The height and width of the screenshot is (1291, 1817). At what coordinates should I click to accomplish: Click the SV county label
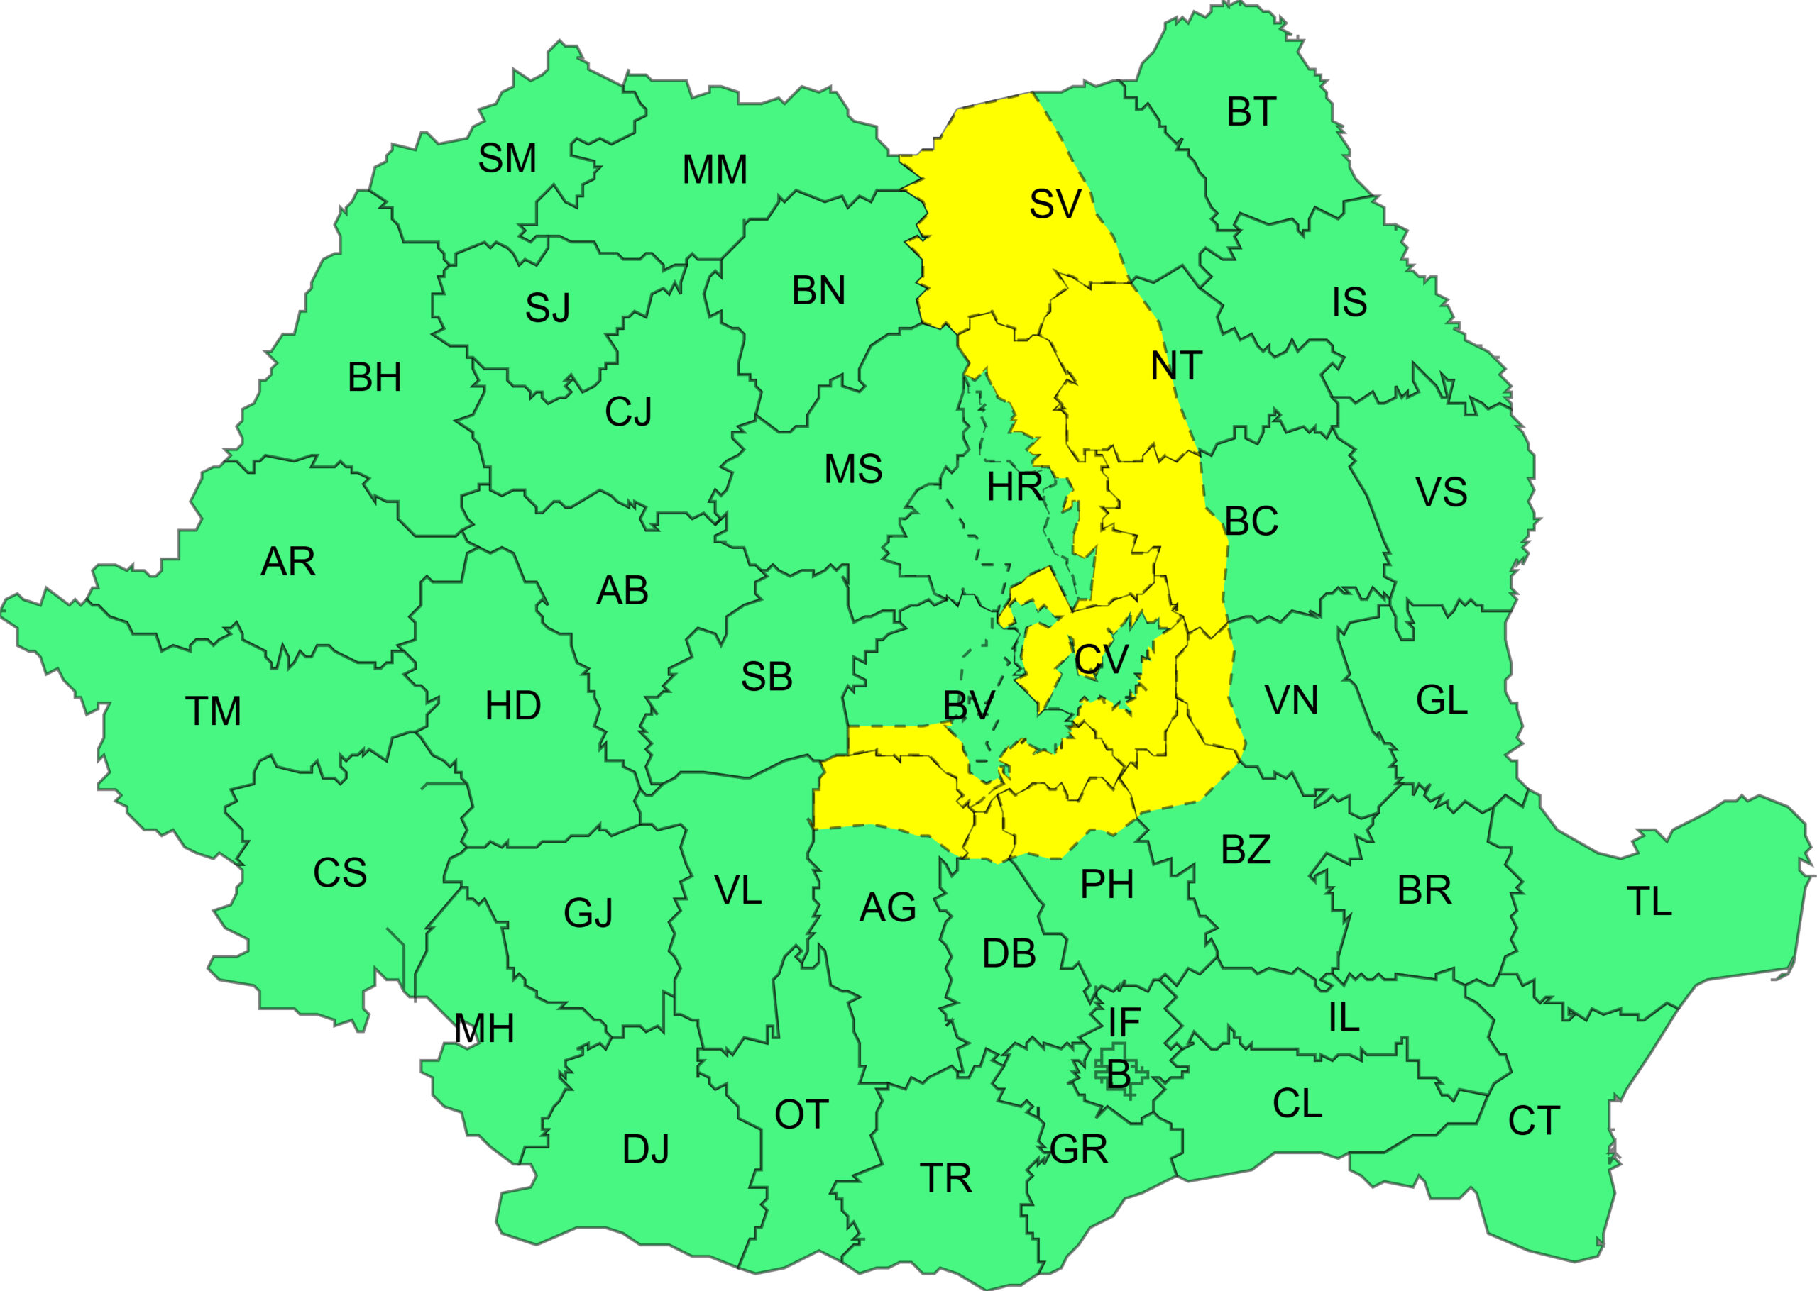1055,204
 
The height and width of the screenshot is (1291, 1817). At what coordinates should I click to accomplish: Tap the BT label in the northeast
1251,112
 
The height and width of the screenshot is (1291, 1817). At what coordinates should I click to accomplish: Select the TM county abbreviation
213,711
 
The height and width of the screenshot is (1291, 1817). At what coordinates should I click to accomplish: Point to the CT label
1534,1121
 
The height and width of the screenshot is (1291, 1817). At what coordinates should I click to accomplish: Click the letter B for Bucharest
1118,1075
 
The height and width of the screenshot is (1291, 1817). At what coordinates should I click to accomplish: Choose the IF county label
1124,1023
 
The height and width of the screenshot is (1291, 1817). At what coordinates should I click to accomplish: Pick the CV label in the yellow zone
1102,659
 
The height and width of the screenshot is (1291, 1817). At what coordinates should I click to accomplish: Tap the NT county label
1176,367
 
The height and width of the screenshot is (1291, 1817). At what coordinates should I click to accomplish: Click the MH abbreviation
484,1029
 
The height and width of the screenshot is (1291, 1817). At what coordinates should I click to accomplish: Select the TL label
1649,902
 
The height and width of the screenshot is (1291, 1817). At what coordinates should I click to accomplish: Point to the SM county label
507,158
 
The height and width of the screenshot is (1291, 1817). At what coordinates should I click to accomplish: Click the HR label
1015,487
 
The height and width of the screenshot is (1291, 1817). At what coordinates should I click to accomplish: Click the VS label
1441,492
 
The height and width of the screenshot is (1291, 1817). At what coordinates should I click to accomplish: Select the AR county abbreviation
288,562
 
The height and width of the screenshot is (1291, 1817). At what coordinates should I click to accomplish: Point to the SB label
767,677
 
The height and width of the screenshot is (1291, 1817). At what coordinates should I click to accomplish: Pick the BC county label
1251,521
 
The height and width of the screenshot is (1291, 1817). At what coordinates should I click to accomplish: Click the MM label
715,170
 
